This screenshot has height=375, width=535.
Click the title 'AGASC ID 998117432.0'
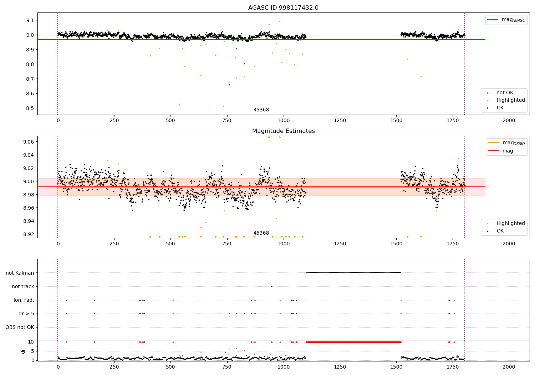click(283, 8)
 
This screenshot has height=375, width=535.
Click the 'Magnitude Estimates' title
click(283, 131)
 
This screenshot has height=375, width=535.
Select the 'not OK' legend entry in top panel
click(505, 93)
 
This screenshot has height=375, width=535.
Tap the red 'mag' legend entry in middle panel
click(508, 151)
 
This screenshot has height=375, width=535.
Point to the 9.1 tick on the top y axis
click(30, 20)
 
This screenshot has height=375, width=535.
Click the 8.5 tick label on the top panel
click(30, 108)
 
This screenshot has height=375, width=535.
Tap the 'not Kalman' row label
click(20, 273)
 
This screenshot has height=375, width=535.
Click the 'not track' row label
click(23, 286)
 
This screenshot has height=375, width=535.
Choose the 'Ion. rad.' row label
click(24, 300)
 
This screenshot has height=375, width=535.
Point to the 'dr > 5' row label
click(26, 314)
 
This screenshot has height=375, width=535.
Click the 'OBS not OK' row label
click(20, 327)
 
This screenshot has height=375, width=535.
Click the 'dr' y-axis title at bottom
click(23, 351)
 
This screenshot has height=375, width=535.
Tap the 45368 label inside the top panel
click(261, 110)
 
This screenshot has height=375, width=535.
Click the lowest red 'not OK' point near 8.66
click(229, 85)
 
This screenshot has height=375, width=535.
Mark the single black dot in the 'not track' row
click(271, 286)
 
